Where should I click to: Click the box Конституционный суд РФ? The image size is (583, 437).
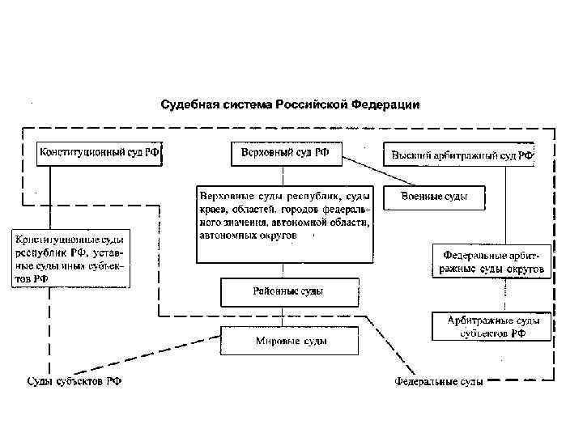[x=99, y=154]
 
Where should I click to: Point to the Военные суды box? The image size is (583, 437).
[x=434, y=197]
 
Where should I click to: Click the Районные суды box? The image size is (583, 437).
[x=289, y=291]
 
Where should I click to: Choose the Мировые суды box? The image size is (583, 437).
[x=289, y=341]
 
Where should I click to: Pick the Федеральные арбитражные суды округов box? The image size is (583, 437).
[x=492, y=261]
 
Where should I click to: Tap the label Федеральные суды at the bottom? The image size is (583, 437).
[x=439, y=380]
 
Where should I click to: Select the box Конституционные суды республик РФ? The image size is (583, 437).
[x=70, y=259]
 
